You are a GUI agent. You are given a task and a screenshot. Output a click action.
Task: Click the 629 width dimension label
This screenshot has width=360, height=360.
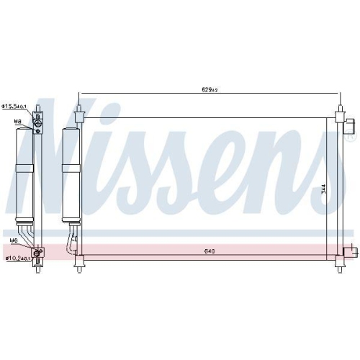[210, 90]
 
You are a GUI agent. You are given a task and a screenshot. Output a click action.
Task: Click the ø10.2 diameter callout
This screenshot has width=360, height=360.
[15, 258]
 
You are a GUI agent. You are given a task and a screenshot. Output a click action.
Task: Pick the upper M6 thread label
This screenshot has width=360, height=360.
[13, 241]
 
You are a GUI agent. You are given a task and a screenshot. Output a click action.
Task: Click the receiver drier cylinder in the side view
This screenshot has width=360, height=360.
[24, 173]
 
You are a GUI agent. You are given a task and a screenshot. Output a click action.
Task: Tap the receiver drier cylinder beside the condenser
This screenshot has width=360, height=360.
[71, 173]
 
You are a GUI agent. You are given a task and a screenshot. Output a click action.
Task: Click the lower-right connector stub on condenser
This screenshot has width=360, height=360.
[351, 251]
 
